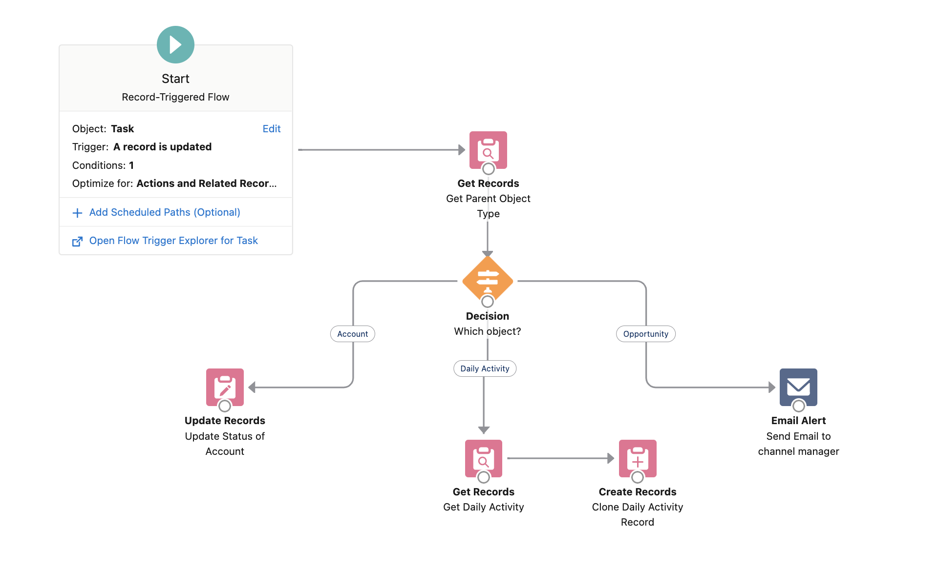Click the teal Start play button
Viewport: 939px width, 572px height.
click(175, 45)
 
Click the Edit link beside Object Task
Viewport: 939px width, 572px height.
click(271, 129)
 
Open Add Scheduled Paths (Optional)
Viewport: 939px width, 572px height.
click(165, 212)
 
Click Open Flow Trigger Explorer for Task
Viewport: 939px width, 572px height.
click(173, 241)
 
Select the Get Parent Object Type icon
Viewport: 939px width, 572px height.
click(488, 150)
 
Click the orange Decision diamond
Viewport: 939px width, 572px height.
click(488, 281)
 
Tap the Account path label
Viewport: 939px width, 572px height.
click(352, 334)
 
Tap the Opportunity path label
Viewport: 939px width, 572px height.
click(645, 334)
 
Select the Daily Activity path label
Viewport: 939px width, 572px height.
click(485, 368)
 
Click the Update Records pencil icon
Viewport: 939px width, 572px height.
click(225, 387)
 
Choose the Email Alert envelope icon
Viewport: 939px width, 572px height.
click(798, 387)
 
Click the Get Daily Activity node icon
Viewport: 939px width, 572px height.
click(483, 458)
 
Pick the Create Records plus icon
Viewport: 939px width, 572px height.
click(638, 458)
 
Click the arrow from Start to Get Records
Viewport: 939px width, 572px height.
click(381, 150)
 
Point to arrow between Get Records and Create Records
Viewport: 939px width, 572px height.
click(560, 458)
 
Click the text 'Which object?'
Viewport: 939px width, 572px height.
click(488, 331)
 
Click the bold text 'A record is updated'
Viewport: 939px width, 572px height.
click(162, 147)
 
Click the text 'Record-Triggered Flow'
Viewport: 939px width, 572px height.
click(175, 97)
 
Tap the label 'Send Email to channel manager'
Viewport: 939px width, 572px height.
click(798, 444)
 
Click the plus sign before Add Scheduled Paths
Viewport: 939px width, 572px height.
click(77, 213)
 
